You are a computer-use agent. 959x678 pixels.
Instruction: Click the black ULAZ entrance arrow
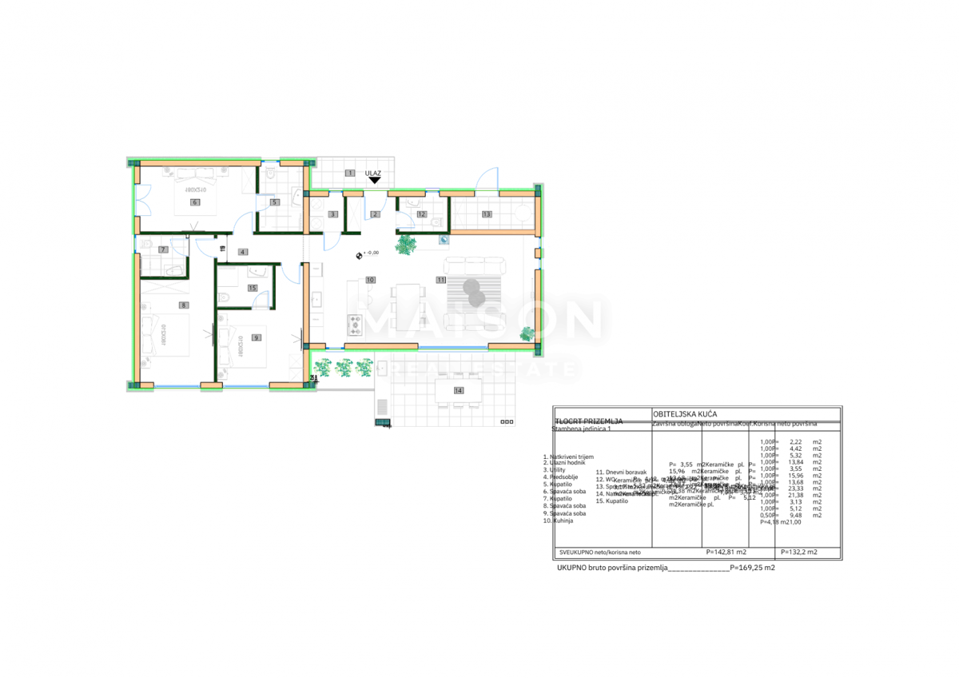(x=373, y=181)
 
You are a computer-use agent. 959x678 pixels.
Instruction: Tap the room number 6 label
(x=193, y=203)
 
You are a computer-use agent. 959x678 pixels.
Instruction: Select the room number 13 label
(x=486, y=214)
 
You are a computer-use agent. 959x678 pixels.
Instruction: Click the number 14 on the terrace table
(x=458, y=390)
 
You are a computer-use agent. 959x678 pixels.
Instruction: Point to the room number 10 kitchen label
(x=370, y=280)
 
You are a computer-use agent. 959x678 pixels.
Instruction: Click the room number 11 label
(x=440, y=280)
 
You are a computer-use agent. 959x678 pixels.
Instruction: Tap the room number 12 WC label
(x=421, y=214)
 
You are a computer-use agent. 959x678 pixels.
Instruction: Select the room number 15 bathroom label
(x=253, y=288)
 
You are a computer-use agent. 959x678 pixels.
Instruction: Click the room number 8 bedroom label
(x=183, y=305)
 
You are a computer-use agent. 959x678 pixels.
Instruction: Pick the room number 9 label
(x=256, y=338)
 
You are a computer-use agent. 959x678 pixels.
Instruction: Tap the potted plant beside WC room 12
(x=407, y=243)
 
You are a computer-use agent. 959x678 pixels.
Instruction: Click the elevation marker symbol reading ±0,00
(x=360, y=254)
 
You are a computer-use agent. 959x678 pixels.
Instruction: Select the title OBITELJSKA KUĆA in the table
(x=685, y=413)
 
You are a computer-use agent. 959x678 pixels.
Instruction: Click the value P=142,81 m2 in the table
(x=726, y=552)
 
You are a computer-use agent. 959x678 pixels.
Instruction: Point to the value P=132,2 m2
(x=798, y=552)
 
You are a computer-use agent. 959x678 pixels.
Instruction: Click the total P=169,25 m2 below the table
(x=752, y=568)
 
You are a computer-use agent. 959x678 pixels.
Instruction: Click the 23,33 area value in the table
(x=794, y=489)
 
